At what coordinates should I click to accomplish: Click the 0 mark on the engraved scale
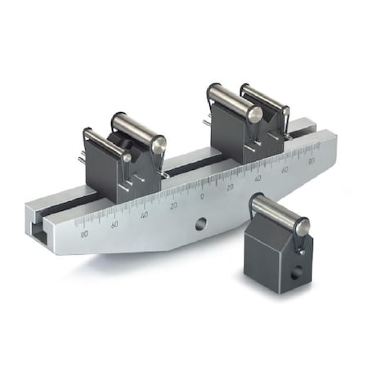tap(202, 197)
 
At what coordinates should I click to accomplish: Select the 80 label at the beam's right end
tap(310, 161)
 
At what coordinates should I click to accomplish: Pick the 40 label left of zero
tap(145, 215)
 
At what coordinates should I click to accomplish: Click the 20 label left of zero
tap(173, 206)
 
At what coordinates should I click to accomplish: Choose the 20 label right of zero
tap(231, 187)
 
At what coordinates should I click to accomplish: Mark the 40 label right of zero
tap(258, 179)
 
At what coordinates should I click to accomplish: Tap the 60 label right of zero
tap(285, 170)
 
